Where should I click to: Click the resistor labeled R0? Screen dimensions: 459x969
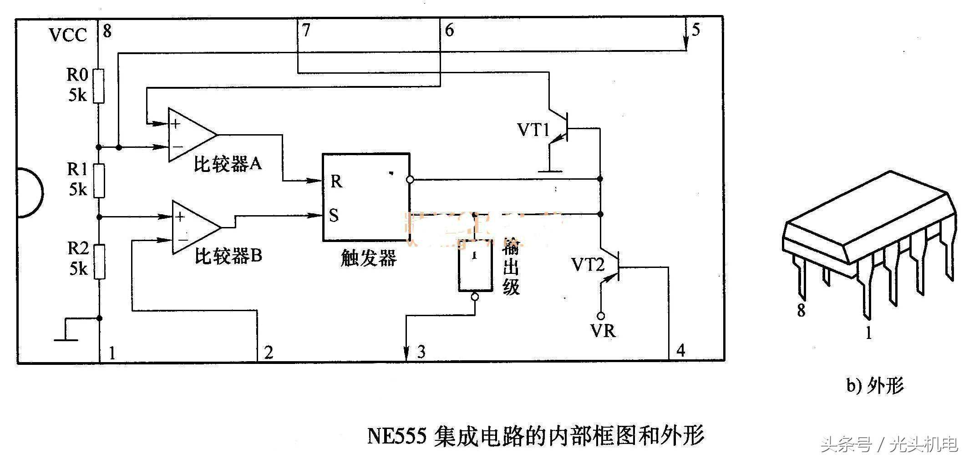point(98,86)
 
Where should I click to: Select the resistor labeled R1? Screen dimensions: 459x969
point(99,181)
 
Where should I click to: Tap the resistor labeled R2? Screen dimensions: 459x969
point(99,261)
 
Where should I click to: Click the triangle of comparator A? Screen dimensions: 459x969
point(190,135)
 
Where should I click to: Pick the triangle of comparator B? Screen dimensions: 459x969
point(194,227)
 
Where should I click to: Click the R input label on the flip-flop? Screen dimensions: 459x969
point(336,181)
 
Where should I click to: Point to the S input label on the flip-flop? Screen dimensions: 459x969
point(334,215)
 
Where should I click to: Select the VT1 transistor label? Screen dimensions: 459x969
point(533,131)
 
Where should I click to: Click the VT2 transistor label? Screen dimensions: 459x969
point(588,265)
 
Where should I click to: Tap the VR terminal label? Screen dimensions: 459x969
point(603,331)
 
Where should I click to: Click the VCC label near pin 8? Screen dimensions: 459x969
point(68,35)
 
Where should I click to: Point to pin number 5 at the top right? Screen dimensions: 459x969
point(695,30)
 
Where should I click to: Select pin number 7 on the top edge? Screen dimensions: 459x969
point(306,30)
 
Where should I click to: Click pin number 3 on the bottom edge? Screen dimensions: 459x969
point(421,352)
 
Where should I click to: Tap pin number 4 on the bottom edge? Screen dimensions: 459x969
point(680,350)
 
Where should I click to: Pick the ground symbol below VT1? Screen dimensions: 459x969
point(550,171)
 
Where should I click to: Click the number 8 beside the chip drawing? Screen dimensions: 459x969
point(801,310)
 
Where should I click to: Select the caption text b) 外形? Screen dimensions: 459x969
point(874,386)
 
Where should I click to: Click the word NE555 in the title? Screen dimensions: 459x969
point(396,436)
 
